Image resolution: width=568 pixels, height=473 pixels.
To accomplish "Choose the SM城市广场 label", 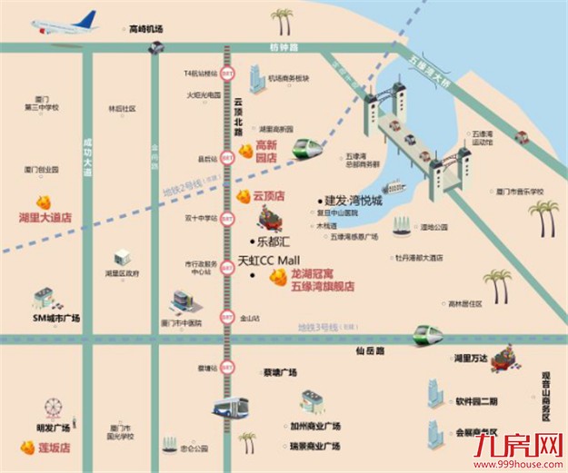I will pos(57,318).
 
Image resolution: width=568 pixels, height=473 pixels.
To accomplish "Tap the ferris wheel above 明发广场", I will pos(53,404).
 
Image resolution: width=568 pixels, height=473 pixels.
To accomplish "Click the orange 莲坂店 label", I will pos(47,448).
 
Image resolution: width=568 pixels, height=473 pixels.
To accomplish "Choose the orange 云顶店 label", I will pos(268,195).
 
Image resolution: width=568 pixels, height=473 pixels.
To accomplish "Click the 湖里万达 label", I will pos(473,359).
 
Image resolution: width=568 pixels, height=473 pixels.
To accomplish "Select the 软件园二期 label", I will pos(477,400).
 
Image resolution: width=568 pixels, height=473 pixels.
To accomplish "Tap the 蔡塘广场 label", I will pos(280,372).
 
